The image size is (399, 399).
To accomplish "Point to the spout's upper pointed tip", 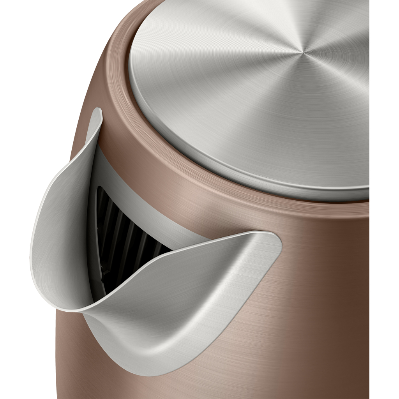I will click(99, 111).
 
